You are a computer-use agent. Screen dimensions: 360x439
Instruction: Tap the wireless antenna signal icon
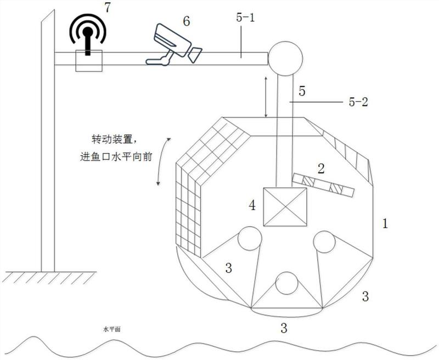coord(88,33)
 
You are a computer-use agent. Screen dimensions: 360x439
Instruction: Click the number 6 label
coord(186,21)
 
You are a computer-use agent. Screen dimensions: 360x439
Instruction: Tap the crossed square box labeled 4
coord(285,207)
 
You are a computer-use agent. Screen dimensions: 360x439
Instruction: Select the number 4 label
coord(252,206)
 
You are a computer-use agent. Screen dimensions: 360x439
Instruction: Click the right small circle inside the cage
coord(324,242)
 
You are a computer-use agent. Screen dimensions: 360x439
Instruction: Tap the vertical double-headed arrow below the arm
coord(266,98)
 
